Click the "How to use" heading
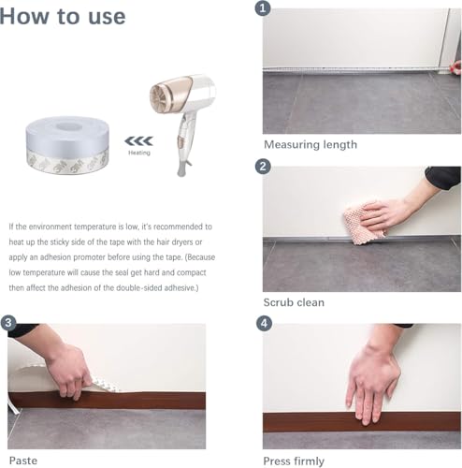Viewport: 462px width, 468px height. click(x=63, y=16)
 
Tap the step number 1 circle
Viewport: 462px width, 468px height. click(x=263, y=8)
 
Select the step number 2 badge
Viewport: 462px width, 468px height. click(x=263, y=166)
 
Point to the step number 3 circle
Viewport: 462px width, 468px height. click(x=8, y=323)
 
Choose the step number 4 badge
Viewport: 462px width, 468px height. click(x=264, y=323)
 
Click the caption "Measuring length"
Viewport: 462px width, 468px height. click(x=310, y=145)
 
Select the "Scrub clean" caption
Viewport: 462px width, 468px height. click(x=294, y=302)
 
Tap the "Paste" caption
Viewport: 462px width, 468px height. click(x=23, y=461)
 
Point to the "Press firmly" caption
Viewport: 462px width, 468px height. click(x=294, y=461)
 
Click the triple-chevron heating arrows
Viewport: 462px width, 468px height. click(x=138, y=141)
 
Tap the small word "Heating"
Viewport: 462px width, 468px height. click(x=139, y=153)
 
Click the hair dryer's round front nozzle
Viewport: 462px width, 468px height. click(x=160, y=97)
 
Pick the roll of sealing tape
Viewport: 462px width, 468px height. click(x=67, y=145)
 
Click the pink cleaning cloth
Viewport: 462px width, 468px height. click(x=364, y=223)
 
